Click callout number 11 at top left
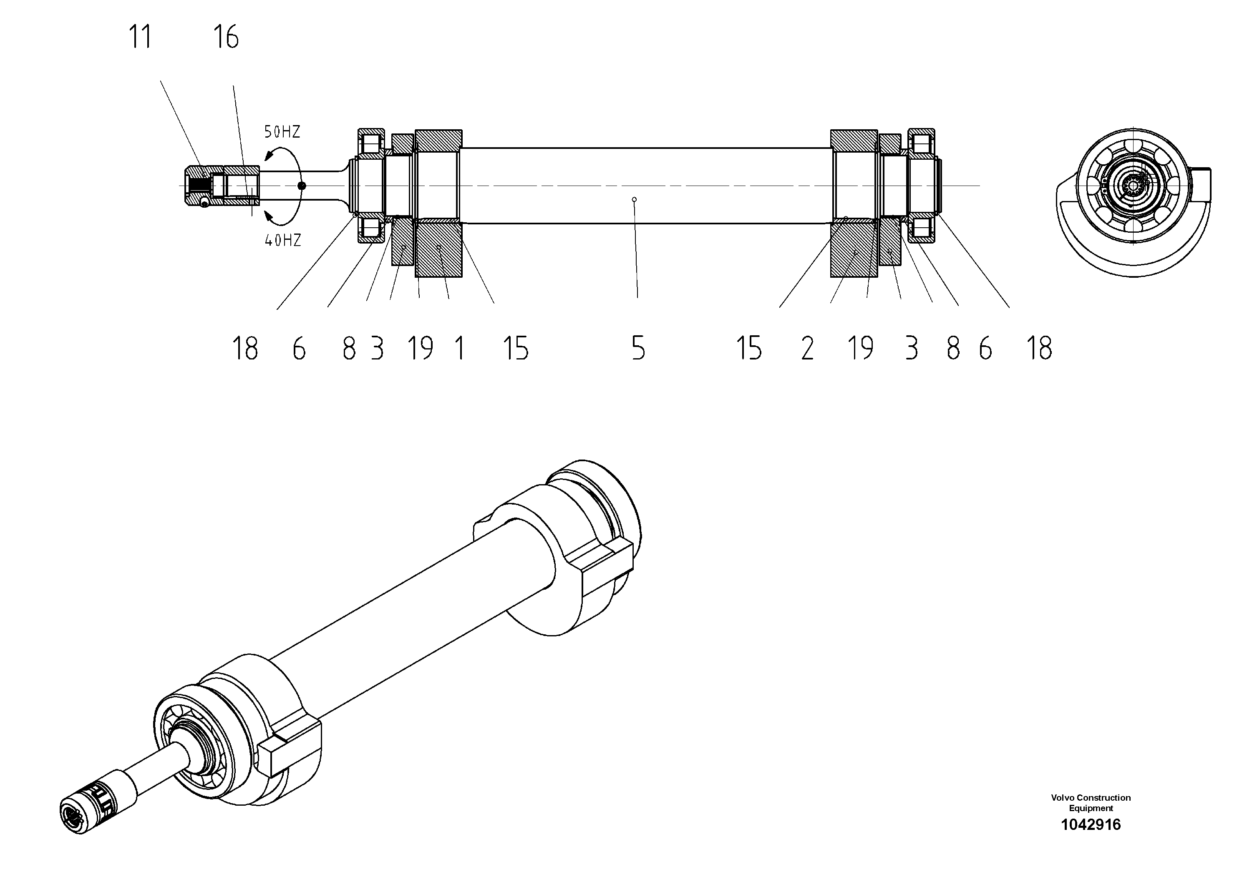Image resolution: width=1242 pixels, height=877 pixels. click(140, 37)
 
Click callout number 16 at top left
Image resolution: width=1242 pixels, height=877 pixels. click(226, 37)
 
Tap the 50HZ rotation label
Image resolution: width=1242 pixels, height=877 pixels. click(282, 132)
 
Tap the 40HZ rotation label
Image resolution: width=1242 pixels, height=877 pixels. click(282, 241)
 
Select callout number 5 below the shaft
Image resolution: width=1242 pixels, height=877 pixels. click(638, 348)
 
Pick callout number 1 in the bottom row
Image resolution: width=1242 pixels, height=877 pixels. click(459, 348)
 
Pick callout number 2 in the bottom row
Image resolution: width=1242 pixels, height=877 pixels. click(807, 348)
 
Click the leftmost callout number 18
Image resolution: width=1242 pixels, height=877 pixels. click(244, 348)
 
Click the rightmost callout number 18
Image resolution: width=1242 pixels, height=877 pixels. click(1039, 348)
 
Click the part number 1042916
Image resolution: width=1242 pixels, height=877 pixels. click(1091, 824)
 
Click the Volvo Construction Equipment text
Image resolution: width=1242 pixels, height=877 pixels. click(1091, 803)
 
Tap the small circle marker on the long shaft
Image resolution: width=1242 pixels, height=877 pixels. click(635, 199)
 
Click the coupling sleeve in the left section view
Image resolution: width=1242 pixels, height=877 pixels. click(222, 186)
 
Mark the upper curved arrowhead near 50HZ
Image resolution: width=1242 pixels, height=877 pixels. click(268, 156)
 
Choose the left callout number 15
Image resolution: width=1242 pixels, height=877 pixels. click(516, 348)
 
